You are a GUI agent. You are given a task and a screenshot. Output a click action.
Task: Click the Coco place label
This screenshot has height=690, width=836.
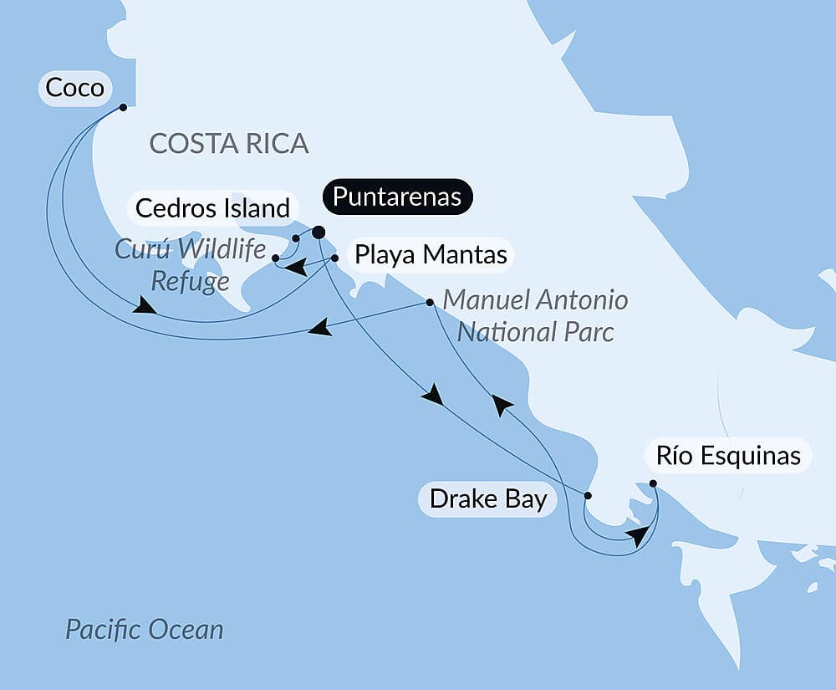click(74, 88)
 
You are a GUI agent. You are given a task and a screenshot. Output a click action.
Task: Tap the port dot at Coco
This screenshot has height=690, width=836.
click(123, 107)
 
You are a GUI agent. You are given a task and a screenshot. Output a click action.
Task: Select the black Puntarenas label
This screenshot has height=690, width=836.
click(397, 197)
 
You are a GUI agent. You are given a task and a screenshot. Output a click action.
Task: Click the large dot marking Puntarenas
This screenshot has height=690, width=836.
click(319, 233)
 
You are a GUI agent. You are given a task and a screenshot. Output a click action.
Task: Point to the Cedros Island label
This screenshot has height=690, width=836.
click(212, 207)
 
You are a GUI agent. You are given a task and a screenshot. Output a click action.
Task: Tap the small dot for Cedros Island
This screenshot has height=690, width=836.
click(296, 239)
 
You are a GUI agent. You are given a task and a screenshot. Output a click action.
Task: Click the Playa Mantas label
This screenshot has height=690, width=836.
click(431, 254)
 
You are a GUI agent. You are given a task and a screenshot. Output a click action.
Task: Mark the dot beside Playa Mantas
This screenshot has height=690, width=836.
click(334, 258)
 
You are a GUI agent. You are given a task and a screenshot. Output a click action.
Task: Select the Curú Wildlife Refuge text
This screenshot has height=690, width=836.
click(190, 265)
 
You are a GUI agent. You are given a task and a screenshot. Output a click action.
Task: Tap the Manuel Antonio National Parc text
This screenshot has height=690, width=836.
click(535, 315)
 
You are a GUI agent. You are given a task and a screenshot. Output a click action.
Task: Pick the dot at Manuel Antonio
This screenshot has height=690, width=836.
click(430, 302)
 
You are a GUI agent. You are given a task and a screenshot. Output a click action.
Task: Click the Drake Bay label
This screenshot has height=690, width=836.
click(488, 499)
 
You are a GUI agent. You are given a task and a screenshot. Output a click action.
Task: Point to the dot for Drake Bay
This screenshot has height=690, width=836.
click(587, 496)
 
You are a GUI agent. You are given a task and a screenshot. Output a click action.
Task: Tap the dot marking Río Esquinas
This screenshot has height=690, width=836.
click(653, 483)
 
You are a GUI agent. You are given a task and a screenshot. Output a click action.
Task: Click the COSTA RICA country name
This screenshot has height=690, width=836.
click(229, 143)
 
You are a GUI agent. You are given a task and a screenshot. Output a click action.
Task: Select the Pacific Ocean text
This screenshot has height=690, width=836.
click(145, 629)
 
